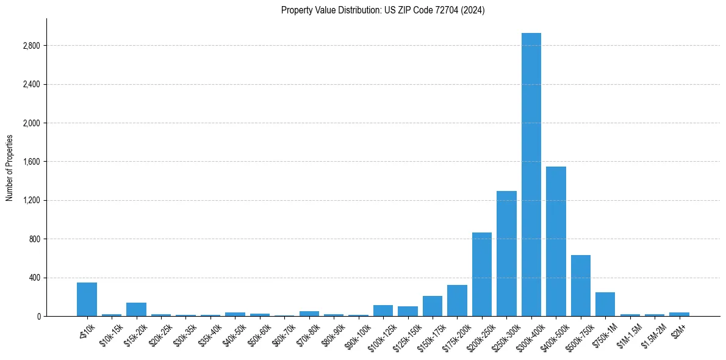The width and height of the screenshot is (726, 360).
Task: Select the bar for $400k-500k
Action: coord(556,241)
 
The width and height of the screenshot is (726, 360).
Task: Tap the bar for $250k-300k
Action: coord(506,253)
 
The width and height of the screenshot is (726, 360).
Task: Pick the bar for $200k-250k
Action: coord(482,274)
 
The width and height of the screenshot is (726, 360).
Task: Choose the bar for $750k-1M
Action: coord(605,304)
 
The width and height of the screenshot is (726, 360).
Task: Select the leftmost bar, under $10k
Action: coord(87,299)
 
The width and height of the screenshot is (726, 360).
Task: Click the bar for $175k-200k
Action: coord(457,300)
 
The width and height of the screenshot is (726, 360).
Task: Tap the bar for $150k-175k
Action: coord(433,306)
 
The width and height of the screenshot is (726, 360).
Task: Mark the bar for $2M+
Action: coord(679,314)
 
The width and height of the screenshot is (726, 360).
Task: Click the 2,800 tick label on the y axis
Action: coord(31,46)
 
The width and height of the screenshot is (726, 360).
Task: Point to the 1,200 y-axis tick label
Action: coord(31,200)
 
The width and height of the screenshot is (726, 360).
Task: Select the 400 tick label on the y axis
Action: coord(34,278)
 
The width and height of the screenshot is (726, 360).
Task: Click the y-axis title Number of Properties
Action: coord(10,167)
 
